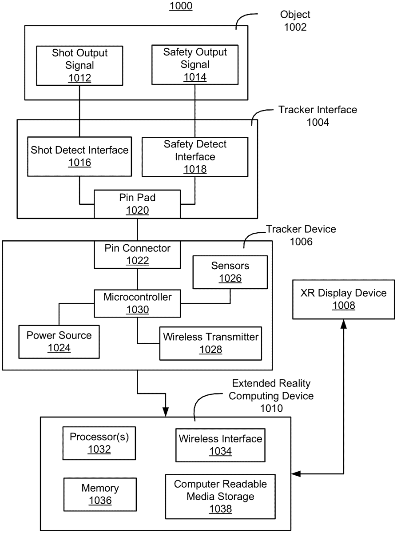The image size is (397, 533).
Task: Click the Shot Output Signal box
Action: coord(79,65)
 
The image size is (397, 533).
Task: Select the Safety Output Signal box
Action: coord(195,64)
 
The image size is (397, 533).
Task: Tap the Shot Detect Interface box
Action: coord(79,156)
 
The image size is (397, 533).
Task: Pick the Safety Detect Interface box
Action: coord(195,156)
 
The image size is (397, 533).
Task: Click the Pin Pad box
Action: coord(137,204)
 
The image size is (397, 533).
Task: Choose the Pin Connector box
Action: coord(137,255)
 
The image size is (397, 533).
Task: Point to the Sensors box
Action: coord(230,272)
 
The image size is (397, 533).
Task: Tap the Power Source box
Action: coord(59,341)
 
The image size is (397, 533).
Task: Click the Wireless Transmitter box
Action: coord(210,343)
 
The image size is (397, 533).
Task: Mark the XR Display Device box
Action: coord(343,299)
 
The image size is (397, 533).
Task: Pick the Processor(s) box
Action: coord(99,443)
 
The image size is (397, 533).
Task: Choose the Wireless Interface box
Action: coord(220,445)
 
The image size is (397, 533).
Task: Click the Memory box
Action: coord(100,494)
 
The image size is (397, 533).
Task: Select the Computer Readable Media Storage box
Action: coord(220,496)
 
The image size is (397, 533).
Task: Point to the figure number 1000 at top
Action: coord(181,7)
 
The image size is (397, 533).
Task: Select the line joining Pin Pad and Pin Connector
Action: coord(137,230)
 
